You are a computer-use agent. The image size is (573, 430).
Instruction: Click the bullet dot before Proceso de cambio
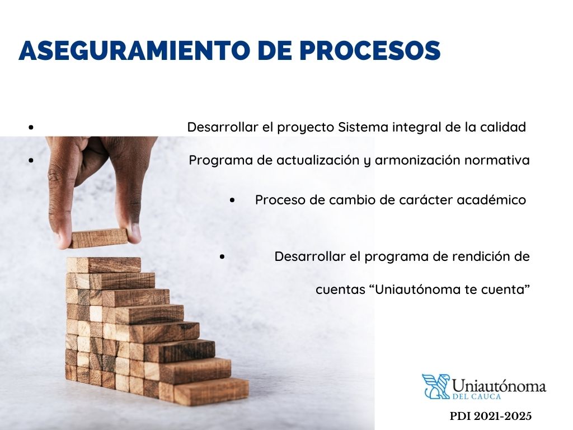click(x=232, y=200)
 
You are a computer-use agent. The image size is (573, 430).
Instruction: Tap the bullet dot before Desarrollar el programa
click(x=222, y=257)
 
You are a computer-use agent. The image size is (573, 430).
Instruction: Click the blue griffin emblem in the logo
click(x=435, y=386)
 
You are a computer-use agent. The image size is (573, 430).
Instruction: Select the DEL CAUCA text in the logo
click(x=471, y=396)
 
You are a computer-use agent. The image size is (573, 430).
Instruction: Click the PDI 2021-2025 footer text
click(x=490, y=416)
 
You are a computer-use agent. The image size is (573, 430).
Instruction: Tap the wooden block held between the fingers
click(x=99, y=238)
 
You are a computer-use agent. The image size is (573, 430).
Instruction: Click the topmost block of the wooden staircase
click(x=104, y=264)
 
